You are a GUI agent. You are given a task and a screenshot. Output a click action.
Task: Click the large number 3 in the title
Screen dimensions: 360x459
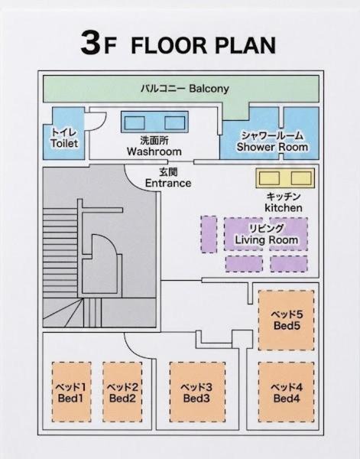click(x=91, y=43)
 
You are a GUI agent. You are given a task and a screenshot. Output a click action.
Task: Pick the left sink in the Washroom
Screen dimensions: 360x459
click(x=135, y=122)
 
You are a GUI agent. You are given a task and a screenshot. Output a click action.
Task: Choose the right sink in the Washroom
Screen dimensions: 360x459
click(x=174, y=122)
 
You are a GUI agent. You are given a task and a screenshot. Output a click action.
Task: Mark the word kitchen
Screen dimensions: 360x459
click(x=284, y=208)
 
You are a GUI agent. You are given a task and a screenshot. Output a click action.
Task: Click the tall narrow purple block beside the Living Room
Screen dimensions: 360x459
click(x=209, y=234)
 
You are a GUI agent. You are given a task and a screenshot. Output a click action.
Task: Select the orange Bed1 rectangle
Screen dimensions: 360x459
click(x=72, y=392)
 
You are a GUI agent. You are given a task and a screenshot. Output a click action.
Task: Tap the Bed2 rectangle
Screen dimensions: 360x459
click(x=122, y=392)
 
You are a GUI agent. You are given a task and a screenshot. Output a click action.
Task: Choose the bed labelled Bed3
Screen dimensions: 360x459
click(x=197, y=392)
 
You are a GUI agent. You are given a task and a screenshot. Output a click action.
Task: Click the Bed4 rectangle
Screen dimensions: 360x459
click(x=287, y=392)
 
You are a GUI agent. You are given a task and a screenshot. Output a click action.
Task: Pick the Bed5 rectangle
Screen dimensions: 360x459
click(x=287, y=320)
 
